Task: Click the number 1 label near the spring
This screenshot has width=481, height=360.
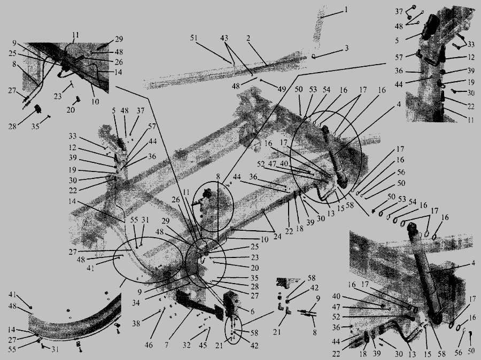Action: [x=346, y=10]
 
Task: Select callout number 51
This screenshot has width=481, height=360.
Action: [x=193, y=38]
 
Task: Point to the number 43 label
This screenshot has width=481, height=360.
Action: [x=224, y=38]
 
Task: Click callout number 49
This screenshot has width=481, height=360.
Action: [x=282, y=89]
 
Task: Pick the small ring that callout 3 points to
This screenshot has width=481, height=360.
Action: [x=314, y=56]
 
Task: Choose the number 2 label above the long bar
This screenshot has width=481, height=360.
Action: [x=248, y=38]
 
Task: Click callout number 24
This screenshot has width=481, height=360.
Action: [x=277, y=237]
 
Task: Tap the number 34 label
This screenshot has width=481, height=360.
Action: [x=136, y=303]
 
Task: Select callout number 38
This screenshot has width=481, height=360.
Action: [x=136, y=324]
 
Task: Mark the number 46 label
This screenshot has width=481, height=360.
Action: [x=149, y=345]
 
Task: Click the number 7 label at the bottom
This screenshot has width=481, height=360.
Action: [x=167, y=345]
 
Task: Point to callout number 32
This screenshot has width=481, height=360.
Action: [x=187, y=345]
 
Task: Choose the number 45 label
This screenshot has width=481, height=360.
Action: [x=203, y=345]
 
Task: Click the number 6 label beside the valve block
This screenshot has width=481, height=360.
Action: [x=252, y=311]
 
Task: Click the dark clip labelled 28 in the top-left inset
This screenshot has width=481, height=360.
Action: [x=38, y=109]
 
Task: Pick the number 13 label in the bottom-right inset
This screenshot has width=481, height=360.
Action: [x=412, y=355]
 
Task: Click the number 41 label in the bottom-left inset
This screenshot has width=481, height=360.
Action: [x=12, y=295]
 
